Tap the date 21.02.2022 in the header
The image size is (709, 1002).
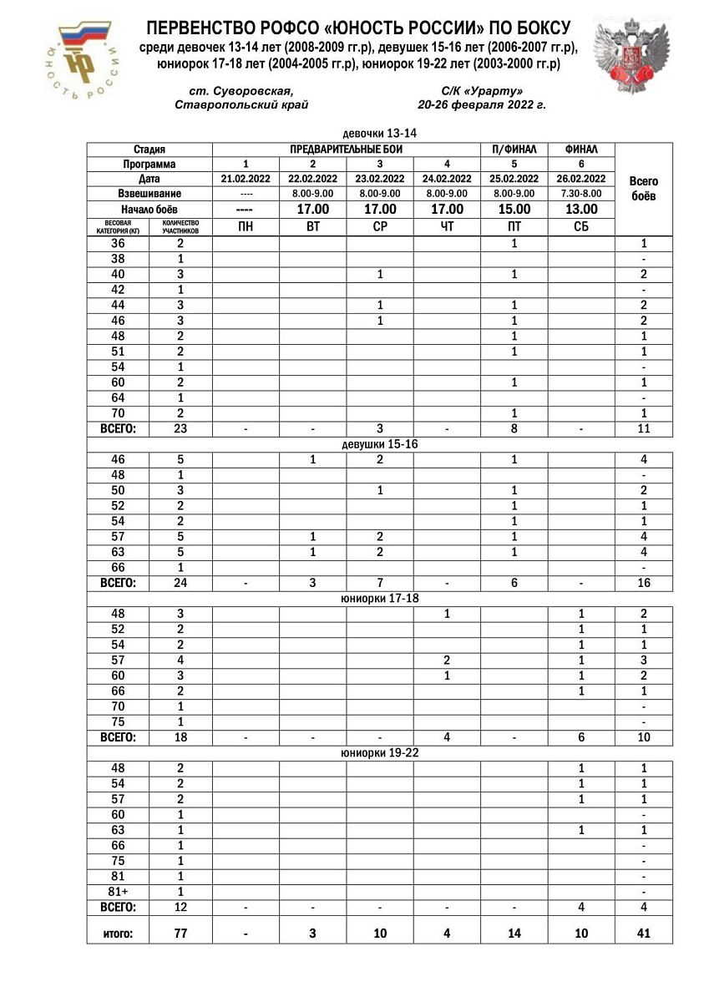246,179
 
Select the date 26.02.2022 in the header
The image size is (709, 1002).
581,179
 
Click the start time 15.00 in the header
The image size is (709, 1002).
514,210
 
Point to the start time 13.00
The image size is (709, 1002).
581,210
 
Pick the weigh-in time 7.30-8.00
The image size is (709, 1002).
581,194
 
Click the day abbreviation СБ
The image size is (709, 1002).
581,226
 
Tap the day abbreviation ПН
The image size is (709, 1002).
246,226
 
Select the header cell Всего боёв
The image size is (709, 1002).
643,188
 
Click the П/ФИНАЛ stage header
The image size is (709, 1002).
514,149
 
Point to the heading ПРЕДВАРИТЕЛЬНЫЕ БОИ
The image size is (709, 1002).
346,149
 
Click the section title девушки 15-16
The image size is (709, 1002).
380,444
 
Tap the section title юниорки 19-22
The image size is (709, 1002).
380,753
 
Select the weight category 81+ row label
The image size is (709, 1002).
118,892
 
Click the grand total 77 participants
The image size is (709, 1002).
180,933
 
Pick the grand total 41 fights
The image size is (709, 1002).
643,933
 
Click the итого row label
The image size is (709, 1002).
118,934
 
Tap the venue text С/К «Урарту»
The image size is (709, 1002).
482,91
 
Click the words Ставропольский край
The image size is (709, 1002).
242,105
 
